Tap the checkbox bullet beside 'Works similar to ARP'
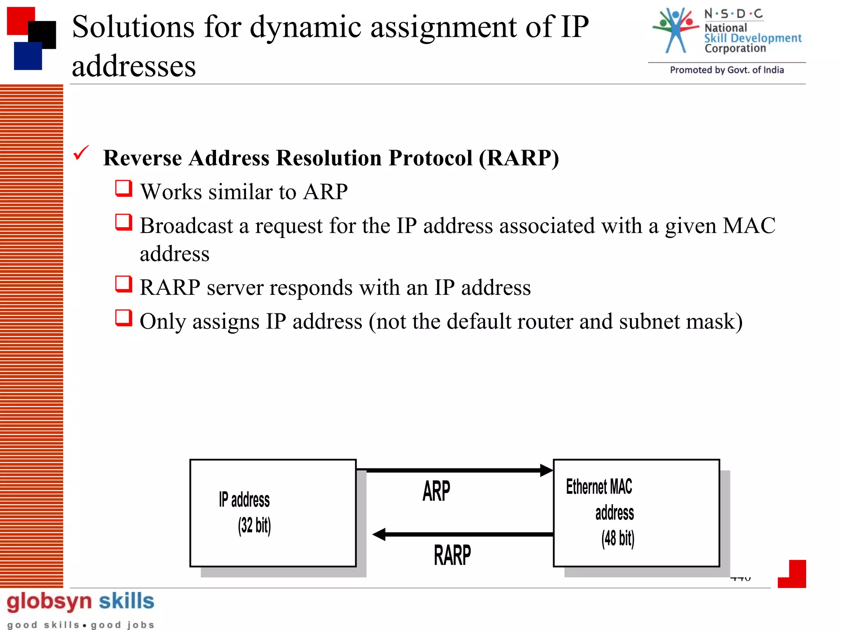tap(124, 189)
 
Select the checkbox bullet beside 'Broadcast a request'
tap(124, 222)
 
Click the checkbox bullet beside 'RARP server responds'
tap(124, 284)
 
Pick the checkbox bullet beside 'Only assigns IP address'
tap(124, 318)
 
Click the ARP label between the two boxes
tap(436, 491)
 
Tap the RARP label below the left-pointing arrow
tap(452, 555)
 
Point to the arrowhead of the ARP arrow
tap(546, 470)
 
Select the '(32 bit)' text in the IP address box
tap(254, 526)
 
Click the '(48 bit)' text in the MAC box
tap(618, 539)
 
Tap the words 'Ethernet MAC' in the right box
tap(599, 487)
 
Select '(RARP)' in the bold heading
tap(519, 158)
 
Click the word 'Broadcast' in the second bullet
tap(186, 226)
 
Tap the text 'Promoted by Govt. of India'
tap(726, 70)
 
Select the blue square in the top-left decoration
tap(28, 56)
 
